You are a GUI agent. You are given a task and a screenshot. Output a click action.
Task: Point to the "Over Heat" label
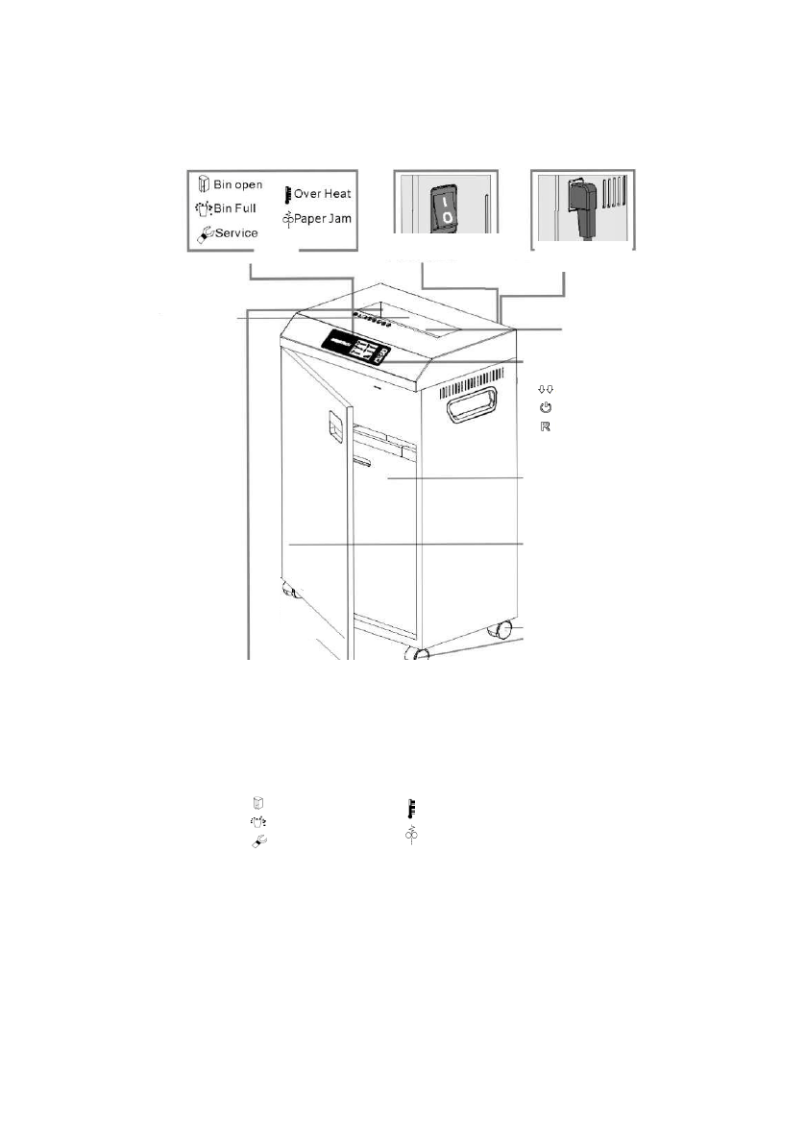[323, 193]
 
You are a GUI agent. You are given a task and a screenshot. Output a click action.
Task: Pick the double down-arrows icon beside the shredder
[545, 389]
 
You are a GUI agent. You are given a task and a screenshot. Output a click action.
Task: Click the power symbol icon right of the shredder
[545, 407]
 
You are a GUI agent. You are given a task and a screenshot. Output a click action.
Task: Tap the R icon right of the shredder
[545, 426]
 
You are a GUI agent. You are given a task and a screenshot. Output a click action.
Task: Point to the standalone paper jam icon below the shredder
[410, 837]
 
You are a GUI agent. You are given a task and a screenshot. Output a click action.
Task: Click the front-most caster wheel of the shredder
[420, 655]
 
